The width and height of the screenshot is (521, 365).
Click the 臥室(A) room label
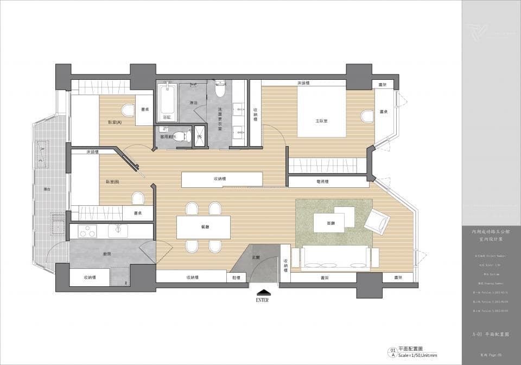(x=115, y=123)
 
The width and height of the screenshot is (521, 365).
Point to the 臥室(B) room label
(x=112, y=182)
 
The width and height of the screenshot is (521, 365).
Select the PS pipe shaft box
(x=199, y=136)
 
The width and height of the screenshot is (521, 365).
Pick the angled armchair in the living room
(x=376, y=221)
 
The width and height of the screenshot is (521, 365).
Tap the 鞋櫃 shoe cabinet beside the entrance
(x=236, y=278)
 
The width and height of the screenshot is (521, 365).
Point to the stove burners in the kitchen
(x=87, y=231)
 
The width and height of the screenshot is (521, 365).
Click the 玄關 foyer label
(x=255, y=257)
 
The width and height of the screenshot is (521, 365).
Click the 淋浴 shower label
(x=193, y=103)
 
